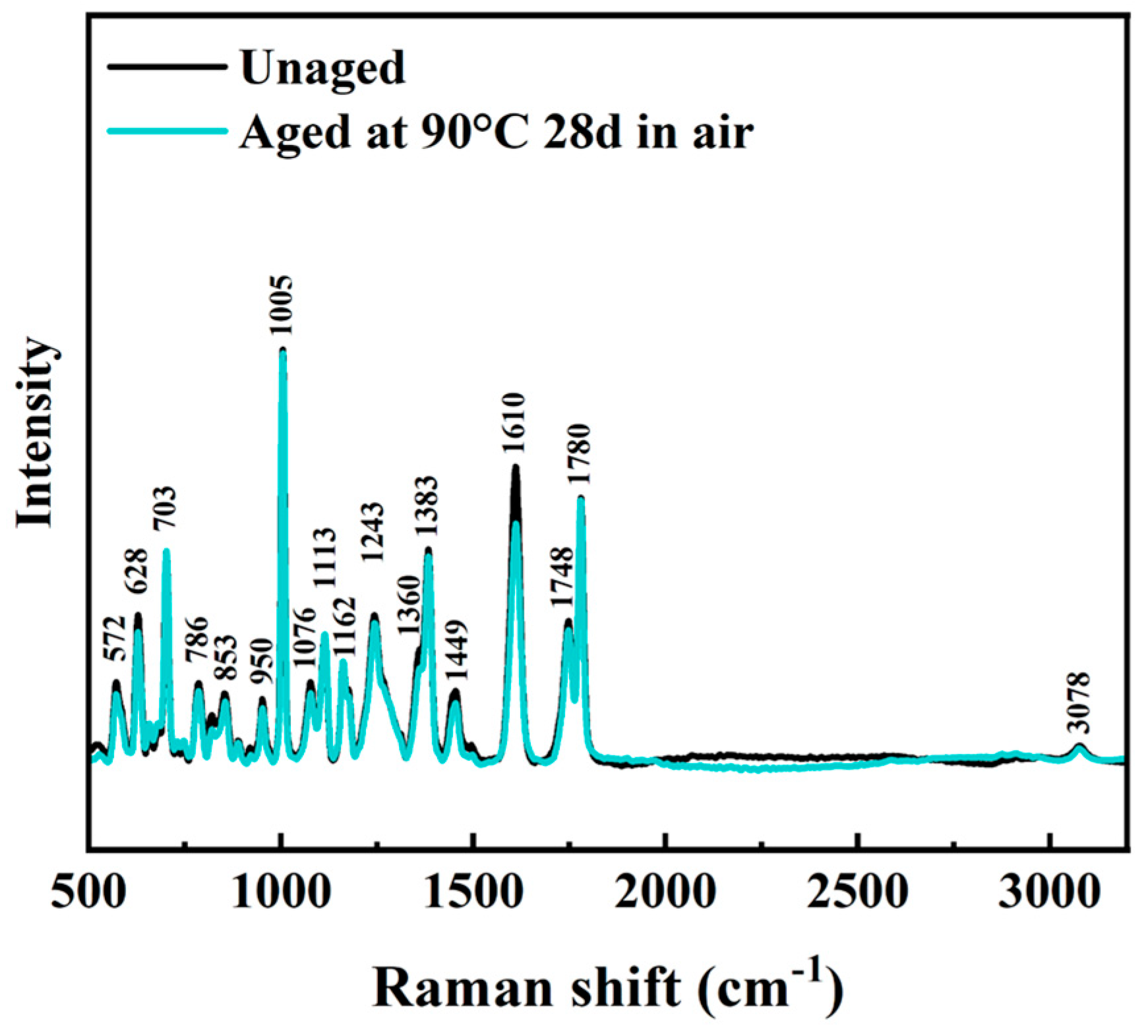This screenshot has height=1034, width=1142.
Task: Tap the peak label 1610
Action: pos(514,422)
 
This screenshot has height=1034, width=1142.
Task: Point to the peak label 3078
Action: pos(1079,703)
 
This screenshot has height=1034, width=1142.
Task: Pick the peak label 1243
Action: pos(373,531)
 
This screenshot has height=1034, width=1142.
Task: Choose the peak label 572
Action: pos(115,639)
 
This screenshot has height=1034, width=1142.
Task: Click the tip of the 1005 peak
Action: pos(283,350)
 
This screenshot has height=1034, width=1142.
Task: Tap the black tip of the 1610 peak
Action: pos(515,467)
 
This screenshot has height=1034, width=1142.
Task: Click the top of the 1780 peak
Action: pos(581,498)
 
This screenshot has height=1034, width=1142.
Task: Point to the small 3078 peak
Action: pos(1079,746)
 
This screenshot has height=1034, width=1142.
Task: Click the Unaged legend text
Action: pos(322,68)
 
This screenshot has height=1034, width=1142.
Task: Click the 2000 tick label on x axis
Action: pos(666,893)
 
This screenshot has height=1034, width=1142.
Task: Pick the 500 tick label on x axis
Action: pos(88,893)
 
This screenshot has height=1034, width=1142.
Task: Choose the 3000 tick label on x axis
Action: pos(1048,893)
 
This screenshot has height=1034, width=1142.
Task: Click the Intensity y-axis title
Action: pos(34,432)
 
